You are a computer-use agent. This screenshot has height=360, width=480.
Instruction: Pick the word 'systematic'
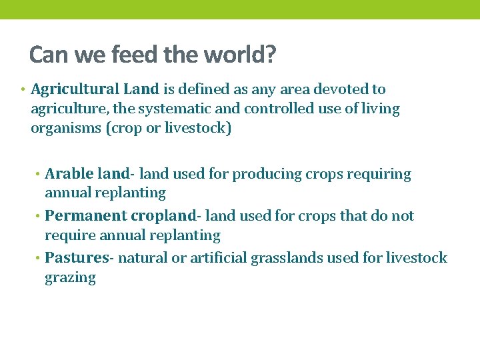click(x=149, y=109)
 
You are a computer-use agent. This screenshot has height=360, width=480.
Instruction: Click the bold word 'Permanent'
click(x=86, y=216)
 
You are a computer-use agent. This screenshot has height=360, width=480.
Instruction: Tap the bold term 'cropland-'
click(x=166, y=216)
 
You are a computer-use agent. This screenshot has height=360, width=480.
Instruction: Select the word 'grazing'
click(x=70, y=278)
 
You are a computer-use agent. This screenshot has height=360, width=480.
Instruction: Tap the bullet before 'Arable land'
click(x=39, y=175)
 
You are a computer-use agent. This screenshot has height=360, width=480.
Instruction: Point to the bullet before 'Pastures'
click(x=39, y=258)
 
